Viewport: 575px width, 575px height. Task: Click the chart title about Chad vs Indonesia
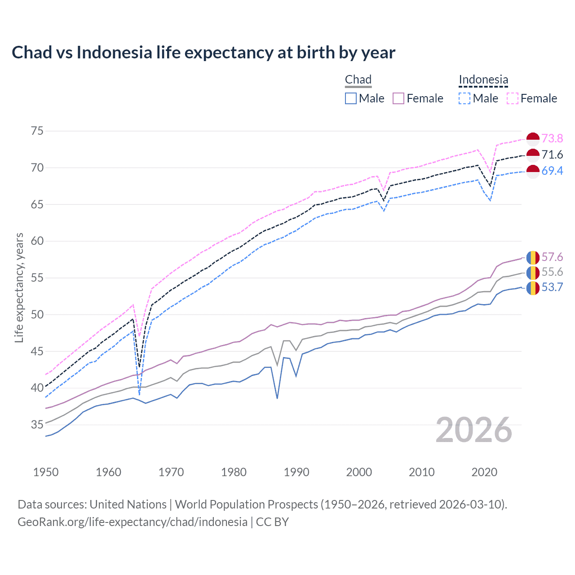tap(203, 53)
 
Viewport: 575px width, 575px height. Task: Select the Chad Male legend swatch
tap(351, 98)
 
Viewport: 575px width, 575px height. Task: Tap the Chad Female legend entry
tap(418, 98)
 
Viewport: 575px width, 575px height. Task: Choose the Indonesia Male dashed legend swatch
tap(464, 98)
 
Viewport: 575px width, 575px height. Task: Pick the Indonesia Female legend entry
tap(532, 98)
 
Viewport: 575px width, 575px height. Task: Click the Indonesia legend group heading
tap(483, 80)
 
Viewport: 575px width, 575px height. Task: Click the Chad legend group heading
tap(358, 80)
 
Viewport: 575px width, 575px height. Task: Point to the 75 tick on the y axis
tap(37, 131)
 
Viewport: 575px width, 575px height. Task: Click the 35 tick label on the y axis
tap(37, 425)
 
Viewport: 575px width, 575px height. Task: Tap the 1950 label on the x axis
tap(46, 472)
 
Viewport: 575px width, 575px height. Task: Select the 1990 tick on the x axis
tap(296, 472)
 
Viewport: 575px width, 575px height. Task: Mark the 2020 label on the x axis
tap(484, 472)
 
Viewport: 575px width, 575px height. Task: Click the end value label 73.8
tap(552, 138)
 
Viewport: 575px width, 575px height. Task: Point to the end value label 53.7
tap(552, 287)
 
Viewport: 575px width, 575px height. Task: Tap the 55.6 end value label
tap(552, 272)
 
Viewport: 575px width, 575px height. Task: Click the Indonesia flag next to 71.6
tap(533, 155)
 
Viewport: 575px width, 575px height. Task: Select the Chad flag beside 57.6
tap(533, 257)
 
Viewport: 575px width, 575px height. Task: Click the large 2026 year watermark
tap(474, 430)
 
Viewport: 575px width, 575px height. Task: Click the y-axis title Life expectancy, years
tap(19, 287)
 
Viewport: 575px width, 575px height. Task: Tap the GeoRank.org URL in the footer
tap(133, 522)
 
